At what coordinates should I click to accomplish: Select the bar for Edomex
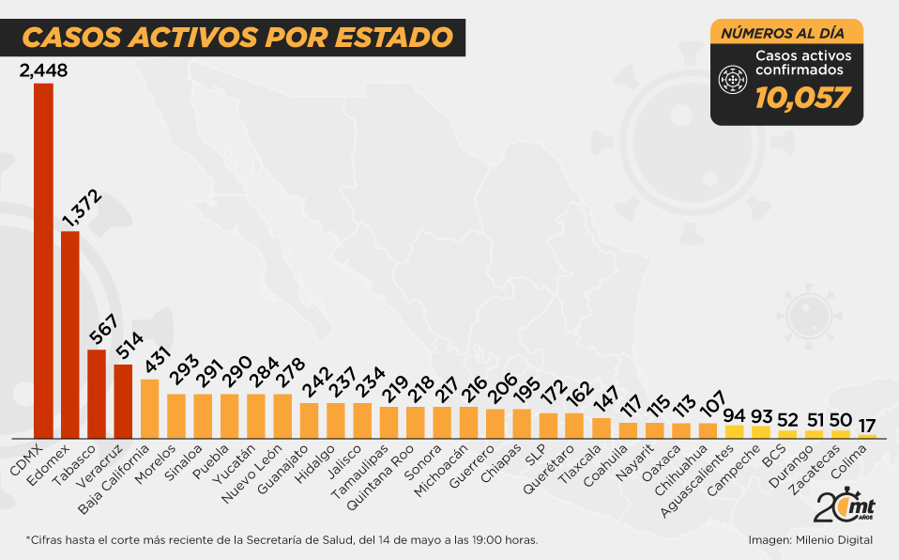coord(70,334)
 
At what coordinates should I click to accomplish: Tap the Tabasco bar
coord(97,394)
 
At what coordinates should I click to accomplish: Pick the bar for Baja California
coord(150,409)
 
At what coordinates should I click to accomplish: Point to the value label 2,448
coord(43,70)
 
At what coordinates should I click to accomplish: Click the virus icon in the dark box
coord(732,82)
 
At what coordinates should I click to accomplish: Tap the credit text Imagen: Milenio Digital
coord(811,540)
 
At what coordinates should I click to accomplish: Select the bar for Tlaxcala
coord(602,428)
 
